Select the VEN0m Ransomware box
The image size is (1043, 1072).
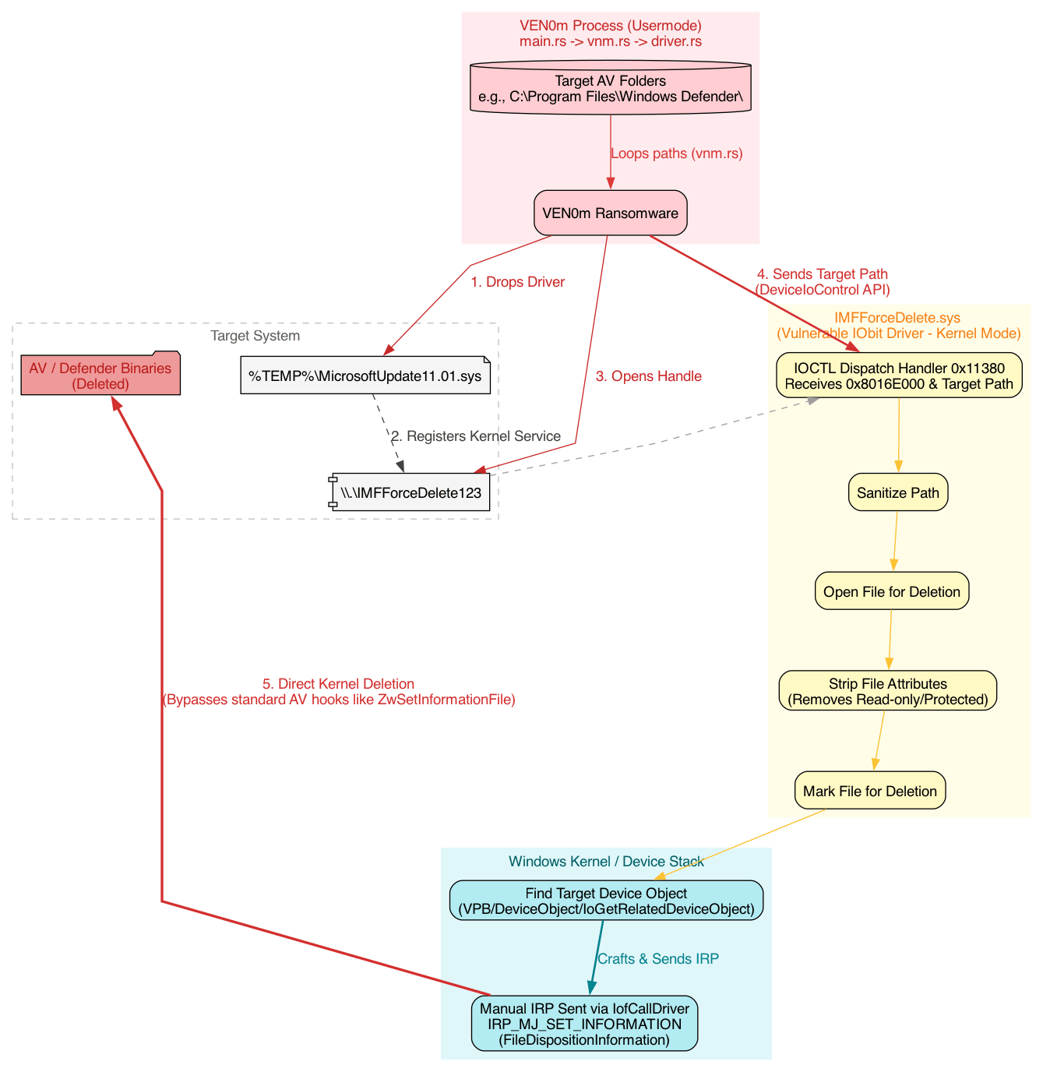[610, 213]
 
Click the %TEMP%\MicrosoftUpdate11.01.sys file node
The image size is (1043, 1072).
[365, 377]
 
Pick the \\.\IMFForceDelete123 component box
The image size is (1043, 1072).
[410, 492]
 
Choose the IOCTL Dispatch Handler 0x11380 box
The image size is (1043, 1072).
[899, 376]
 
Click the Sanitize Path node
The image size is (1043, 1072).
[897, 492]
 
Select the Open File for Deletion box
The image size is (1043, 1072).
[891, 592]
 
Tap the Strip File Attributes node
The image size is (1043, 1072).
[887, 691]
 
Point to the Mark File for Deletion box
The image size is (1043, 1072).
[869, 792]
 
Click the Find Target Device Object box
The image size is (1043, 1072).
[606, 901]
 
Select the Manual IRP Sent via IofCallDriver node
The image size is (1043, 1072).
[584, 1024]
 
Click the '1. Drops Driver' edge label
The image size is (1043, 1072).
[517, 282]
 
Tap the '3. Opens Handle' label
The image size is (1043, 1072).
[648, 376]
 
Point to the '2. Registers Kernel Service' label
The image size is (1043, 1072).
[475, 436]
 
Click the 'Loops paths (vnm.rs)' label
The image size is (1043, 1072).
[676, 153]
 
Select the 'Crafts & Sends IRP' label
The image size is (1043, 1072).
[657, 959]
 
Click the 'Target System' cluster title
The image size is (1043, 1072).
[255, 336]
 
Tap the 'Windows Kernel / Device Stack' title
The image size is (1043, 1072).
[606, 861]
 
